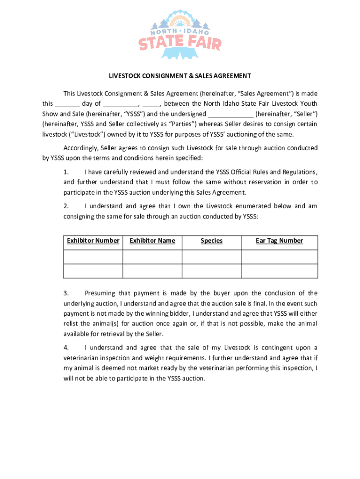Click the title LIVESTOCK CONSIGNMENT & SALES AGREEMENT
[180, 76]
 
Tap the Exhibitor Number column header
[93, 241]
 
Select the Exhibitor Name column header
[152, 241]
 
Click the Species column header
[211, 241]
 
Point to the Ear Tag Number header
[279, 241]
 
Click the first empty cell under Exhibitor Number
[93, 257]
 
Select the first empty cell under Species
[211, 257]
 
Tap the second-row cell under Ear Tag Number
[279, 271]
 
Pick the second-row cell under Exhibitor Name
[152, 271]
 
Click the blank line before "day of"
[67, 104]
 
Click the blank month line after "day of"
[121, 104]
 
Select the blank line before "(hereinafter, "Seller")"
[230, 114]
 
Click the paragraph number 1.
[66, 172]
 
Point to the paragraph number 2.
[66, 206]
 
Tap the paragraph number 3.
[66, 293]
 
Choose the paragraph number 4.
[66, 348]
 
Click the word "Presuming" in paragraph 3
[100, 293]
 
